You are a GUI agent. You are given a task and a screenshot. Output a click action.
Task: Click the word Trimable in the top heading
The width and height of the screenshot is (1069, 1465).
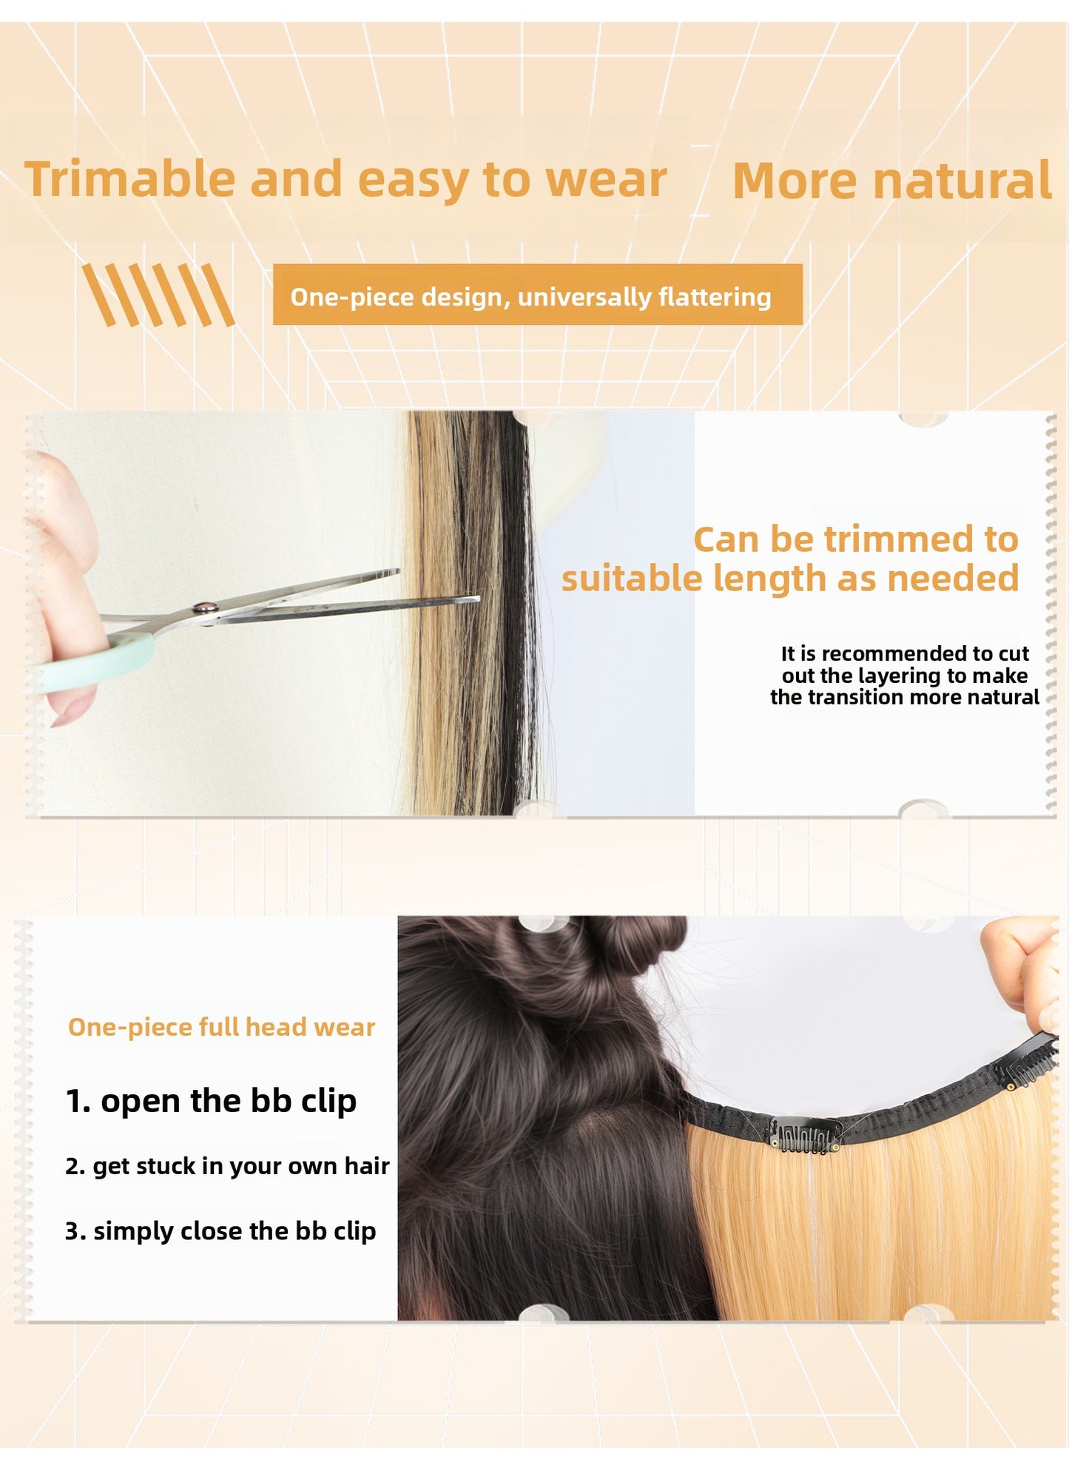tap(130, 180)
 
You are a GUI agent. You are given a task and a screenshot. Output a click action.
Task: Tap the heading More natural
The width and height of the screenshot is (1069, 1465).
tap(891, 181)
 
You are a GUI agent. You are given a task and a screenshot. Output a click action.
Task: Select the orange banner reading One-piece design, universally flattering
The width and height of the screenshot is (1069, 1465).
tap(538, 294)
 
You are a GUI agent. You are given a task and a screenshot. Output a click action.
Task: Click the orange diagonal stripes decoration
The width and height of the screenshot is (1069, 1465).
tap(158, 295)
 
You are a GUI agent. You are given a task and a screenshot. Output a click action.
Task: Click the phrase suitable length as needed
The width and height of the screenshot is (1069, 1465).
tap(790, 579)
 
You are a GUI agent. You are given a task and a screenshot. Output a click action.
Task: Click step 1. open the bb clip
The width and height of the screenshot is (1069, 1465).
tap(211, 1100)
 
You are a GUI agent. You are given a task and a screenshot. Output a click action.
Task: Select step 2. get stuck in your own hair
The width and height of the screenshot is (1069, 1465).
tap(227, 1166)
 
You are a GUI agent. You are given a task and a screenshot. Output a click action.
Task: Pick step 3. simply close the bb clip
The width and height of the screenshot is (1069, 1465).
tap(220, 1230)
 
